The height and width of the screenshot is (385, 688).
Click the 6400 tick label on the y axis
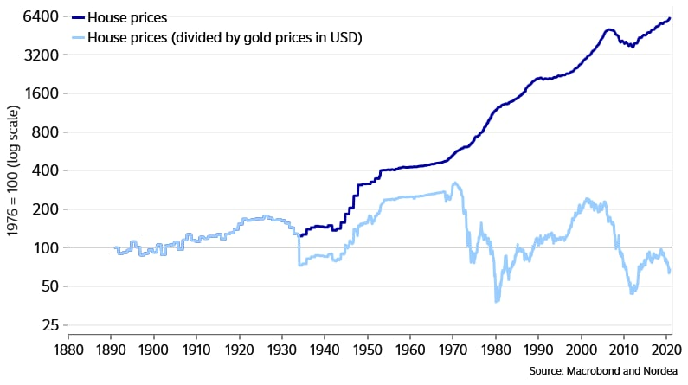(x=42, y=17)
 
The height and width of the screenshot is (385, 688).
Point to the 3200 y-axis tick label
(x=42, y=55)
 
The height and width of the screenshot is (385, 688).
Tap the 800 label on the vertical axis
(x=45, y=132)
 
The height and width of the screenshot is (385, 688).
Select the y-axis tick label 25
(x=50, y=325)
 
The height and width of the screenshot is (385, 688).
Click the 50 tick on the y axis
(x=50, y=286)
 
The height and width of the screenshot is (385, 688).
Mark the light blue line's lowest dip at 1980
(x=496, y=301)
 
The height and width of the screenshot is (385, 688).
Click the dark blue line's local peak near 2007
(x=609, y=29)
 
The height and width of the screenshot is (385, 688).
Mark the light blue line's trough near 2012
(x=633, y=293)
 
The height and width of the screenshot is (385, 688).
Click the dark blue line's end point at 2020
(x=670, y=18)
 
